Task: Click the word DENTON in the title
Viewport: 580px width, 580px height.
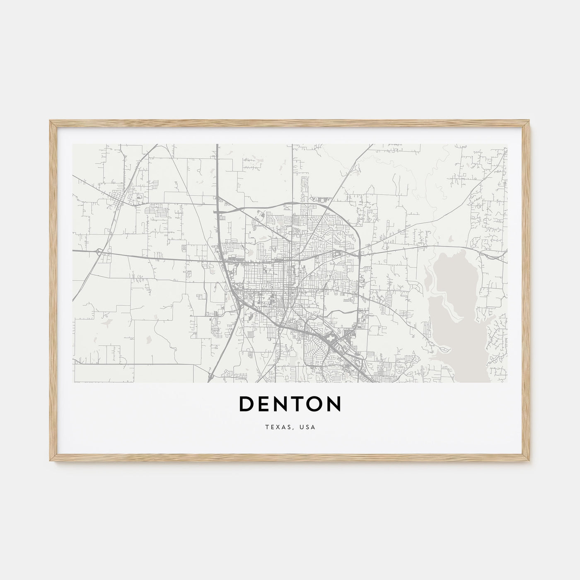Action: pyautogui.click(x=290, y=404)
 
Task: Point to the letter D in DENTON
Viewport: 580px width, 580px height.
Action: pyautogui.click(x=247, y=404)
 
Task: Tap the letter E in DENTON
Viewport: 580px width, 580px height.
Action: pyautogui.click(x=264, y=404)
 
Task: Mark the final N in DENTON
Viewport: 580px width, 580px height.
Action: pyautogui.click(x=333, y=404)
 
